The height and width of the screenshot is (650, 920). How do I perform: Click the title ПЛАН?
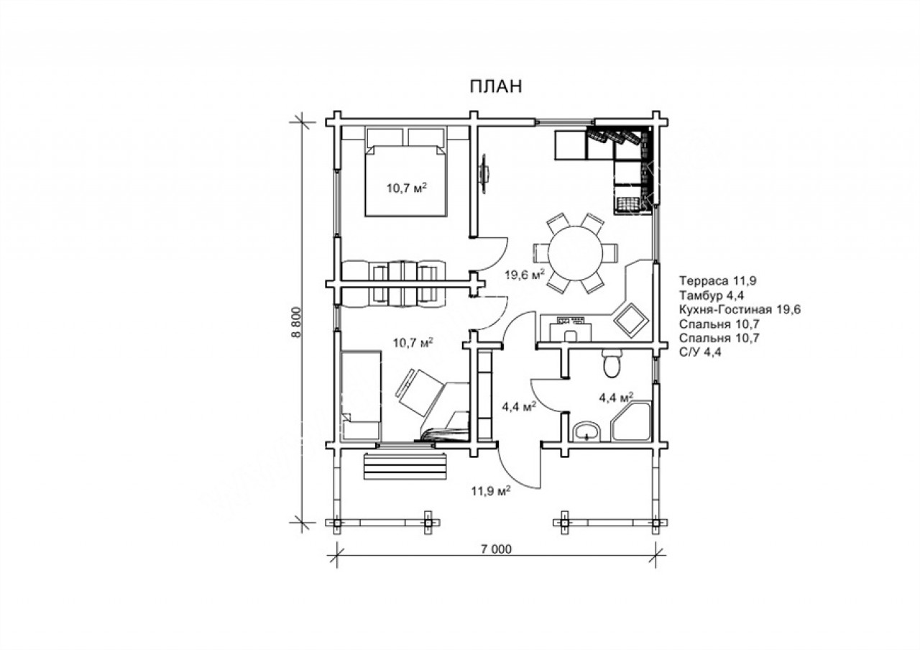[x=496, y=86]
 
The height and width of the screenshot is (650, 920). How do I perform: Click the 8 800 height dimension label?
[x=297, y=323]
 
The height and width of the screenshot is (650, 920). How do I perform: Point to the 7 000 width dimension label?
[x=496, y=549]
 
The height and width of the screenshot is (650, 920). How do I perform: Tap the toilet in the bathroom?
[x=612, y=363]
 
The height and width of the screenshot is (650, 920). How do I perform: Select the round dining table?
[x=576, y=252]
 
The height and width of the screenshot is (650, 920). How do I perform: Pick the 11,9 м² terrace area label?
[x=491, y=490]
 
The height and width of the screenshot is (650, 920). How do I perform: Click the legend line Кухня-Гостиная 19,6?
[x=740, y=309]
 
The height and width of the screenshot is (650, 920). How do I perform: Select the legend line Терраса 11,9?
[x=717, y=280]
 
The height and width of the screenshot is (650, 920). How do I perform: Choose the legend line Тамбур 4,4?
[x=712, y=296]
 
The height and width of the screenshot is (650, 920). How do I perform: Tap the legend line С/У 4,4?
[x=700, y=352]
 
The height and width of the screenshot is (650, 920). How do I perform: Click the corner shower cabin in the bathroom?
[x=632, y=422]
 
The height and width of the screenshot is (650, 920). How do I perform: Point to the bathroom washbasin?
[x=586, y=432]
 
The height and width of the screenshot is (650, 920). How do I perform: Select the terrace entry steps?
[x=405, y=466]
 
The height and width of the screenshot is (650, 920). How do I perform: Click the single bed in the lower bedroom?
[x=362, y=395]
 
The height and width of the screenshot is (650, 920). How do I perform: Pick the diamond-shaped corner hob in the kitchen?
[x=631, y=320]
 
